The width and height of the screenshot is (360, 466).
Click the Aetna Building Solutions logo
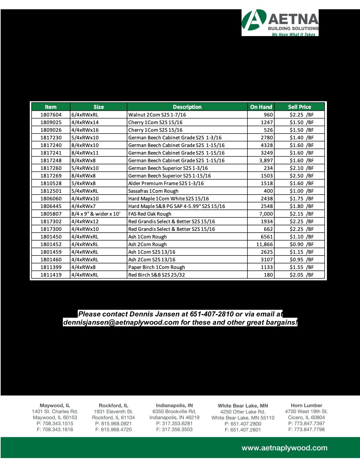(280, 23)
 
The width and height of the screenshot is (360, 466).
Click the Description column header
(187, 107)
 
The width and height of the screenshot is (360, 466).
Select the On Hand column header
(261, 107)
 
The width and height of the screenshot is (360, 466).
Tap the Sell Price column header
(299, 107)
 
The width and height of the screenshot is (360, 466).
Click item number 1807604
(51, 115)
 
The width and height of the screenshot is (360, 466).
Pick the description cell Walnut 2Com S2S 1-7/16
(157, 115)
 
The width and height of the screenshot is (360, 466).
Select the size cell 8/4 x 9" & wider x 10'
(96, 214)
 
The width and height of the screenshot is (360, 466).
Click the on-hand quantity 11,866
(265, 244)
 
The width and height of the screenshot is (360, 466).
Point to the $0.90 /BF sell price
(301, 244)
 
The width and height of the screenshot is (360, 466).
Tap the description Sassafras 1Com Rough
(153, 191)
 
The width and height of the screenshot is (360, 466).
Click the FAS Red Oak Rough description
(150, 214)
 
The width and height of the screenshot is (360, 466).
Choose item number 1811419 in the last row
(51, 275)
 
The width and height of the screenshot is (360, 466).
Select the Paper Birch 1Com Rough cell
(157, 267)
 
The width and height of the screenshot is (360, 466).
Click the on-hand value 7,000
(266, 214)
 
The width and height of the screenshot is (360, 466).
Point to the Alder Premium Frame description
(166, 183)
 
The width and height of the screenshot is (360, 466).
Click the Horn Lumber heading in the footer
(306, 405)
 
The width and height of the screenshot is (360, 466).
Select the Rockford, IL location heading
(113, 405)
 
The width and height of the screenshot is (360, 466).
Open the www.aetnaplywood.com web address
(285, 448)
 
